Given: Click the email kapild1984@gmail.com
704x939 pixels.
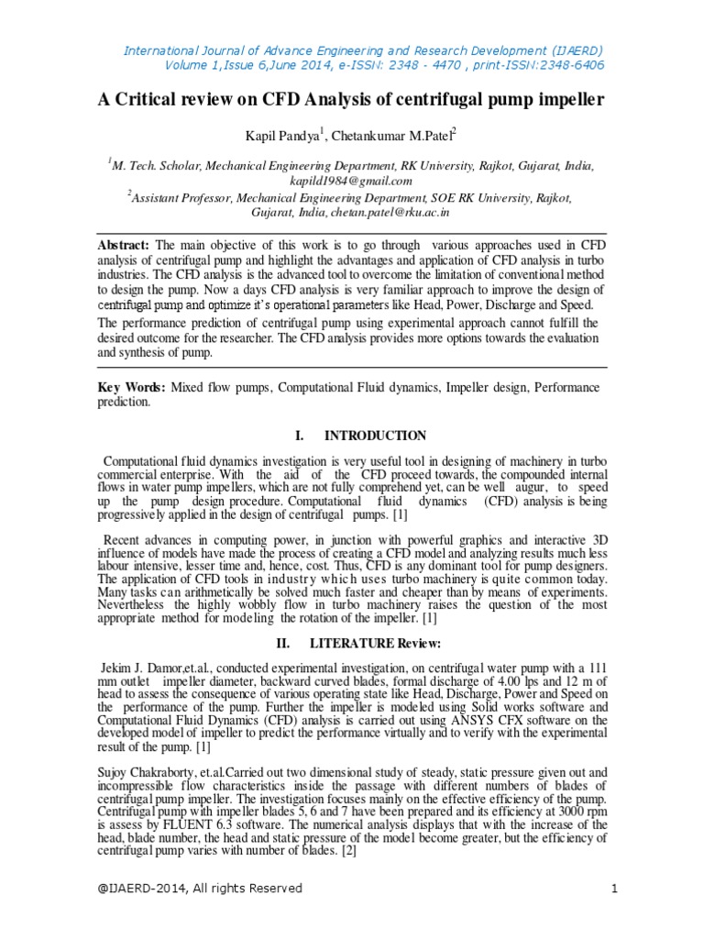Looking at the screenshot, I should tap(351, 181).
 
